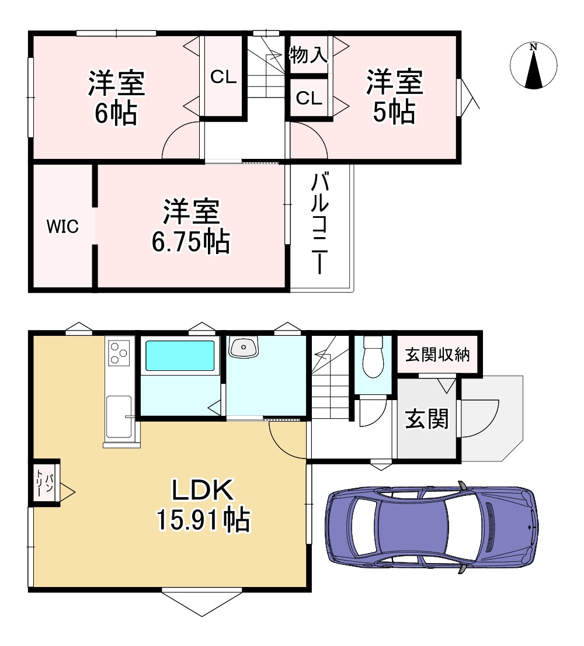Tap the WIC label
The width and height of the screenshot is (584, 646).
point(62,227)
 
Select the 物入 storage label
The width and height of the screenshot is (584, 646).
point(308,55)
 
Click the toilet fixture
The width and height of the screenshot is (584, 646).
point(373,357)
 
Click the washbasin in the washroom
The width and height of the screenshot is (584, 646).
point(244,347)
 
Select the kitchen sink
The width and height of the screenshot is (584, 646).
point(119,416)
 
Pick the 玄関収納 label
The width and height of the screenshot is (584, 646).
point(437,355)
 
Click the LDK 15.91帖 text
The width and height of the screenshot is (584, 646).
point(203,505)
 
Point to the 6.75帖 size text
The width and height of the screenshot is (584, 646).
point(191,242)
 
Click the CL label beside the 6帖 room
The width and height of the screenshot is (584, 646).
point(224,77)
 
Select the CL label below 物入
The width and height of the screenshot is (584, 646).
point(309,99)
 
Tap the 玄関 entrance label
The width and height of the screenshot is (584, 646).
point(427,419)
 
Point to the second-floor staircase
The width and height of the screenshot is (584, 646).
point(266,66)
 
